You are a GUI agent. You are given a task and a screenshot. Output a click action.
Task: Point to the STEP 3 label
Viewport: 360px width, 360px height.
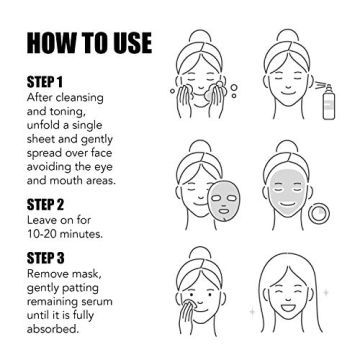(46, 256)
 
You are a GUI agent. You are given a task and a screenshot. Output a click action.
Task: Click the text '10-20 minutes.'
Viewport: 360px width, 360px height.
(65, 233)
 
